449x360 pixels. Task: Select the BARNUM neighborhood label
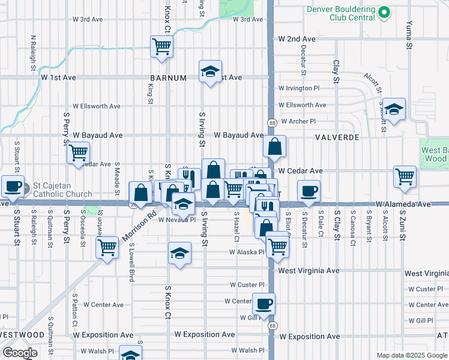(169, 78)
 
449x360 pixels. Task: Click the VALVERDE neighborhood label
(337, 137)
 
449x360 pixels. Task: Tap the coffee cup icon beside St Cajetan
(13, 185)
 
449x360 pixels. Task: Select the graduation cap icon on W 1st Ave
(210, 71)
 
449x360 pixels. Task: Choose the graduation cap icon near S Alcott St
(394, 109)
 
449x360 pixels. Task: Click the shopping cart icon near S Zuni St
(405, 176)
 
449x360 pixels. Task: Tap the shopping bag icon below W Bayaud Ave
(274, 146)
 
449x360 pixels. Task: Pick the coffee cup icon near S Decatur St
(309, 191)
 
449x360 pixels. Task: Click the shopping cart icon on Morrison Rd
(107, 246)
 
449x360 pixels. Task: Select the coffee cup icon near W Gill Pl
(264, 304)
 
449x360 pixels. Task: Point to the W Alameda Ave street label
(403, 205)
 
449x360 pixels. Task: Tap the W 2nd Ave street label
(293, 39)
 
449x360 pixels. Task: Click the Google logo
(20, 352)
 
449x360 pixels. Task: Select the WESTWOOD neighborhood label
(22, 334)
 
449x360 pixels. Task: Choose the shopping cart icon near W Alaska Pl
(277, 245)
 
